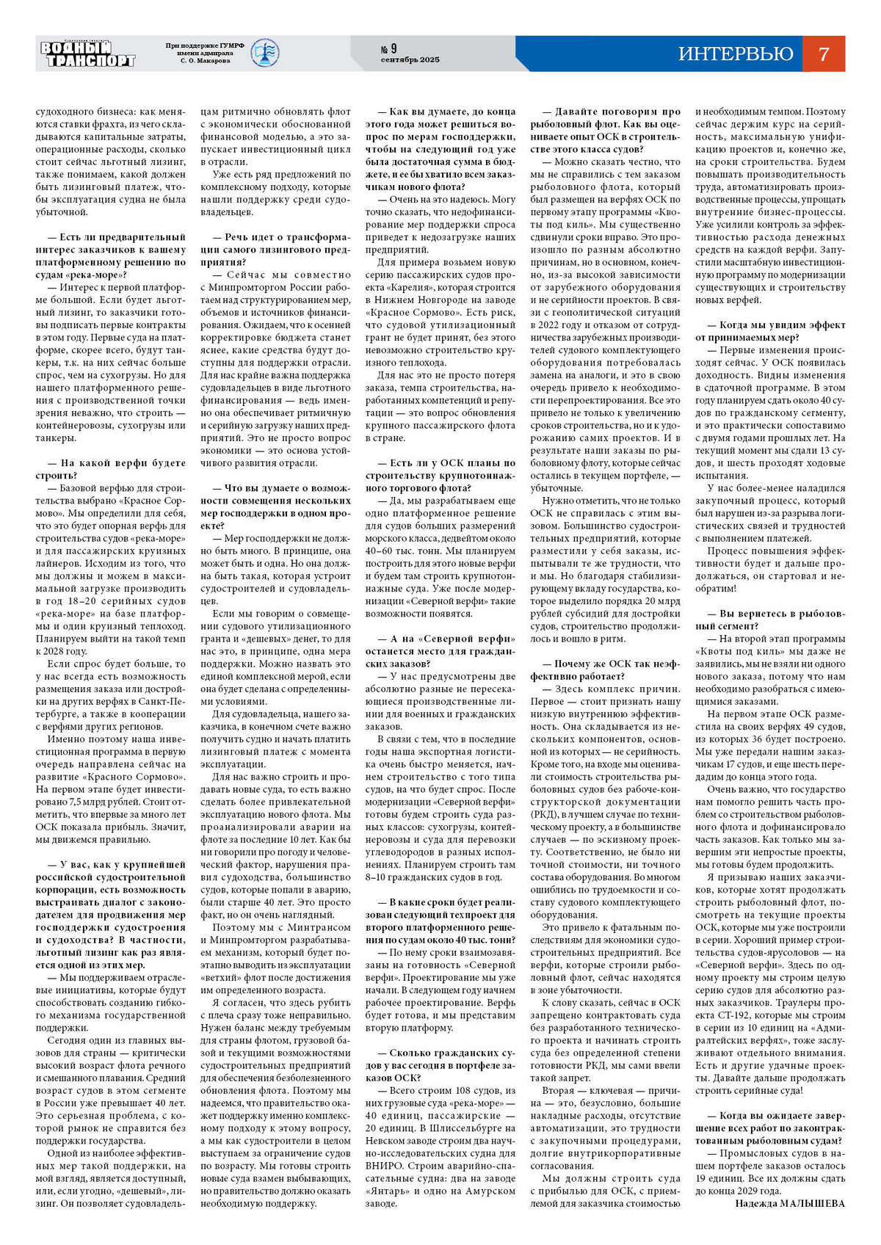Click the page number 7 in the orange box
click(x=823, y=54)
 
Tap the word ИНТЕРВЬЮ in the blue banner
click(x=736, y=54)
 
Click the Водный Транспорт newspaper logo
click(x=87, y=54)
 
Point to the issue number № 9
click(x=388, y=48)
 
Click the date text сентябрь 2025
click(x=410, y=60)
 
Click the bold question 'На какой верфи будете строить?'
click(x=110, y=469)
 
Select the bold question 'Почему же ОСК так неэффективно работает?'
click(x=605, y=669)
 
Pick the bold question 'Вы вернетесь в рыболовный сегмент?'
click(x=770, y=620)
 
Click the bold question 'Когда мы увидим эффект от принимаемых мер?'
click(x=770, y=331)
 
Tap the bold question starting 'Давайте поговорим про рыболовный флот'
click(x=605, y=130)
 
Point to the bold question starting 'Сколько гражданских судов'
click(x=440, y=1065)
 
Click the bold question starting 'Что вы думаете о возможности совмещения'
click(x=275, y=507)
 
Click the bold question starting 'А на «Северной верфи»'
click(x=440, y=651)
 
